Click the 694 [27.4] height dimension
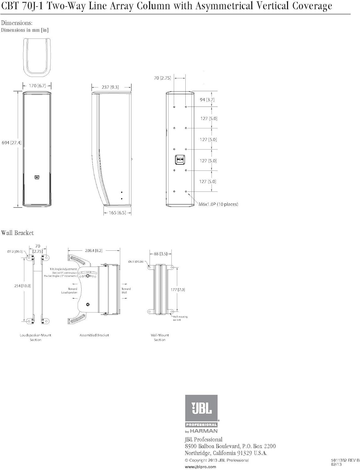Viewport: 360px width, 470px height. pyautogui.click(x=12, y=143)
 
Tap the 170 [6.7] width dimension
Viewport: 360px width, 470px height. pyautogui.click(x=37, y=86)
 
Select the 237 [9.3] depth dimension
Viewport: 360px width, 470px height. pyautogui.click(x=110, y=87)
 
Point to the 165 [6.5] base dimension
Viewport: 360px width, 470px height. pyautogui.click(x=117, y=213)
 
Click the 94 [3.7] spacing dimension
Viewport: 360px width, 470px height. pyautogui.click(x=207, y=100)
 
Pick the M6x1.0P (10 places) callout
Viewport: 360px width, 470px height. pyautogui.click(x=218, y=204)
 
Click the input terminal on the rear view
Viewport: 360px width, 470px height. pyautogui.click(x=180, y=159)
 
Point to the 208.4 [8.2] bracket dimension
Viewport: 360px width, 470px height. pyautogui.click(x=93, y=250)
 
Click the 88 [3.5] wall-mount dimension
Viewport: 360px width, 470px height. pyautogui.click(x=161, y=254)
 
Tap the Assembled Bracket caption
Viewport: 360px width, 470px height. pyautogui.click(x=94, y=335)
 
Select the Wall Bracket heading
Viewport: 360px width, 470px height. pyautogui.click(x=17, y=233)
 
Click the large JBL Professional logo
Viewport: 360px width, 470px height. pyautogui.click(x=201, y=413)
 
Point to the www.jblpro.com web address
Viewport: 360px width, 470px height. pyautogui.click(x=200, y=467)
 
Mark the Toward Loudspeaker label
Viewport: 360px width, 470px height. pyautogui.click(x=70, y=291)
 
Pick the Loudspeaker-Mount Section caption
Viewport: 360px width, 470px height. pyautogui.click(x=35, y=337)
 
